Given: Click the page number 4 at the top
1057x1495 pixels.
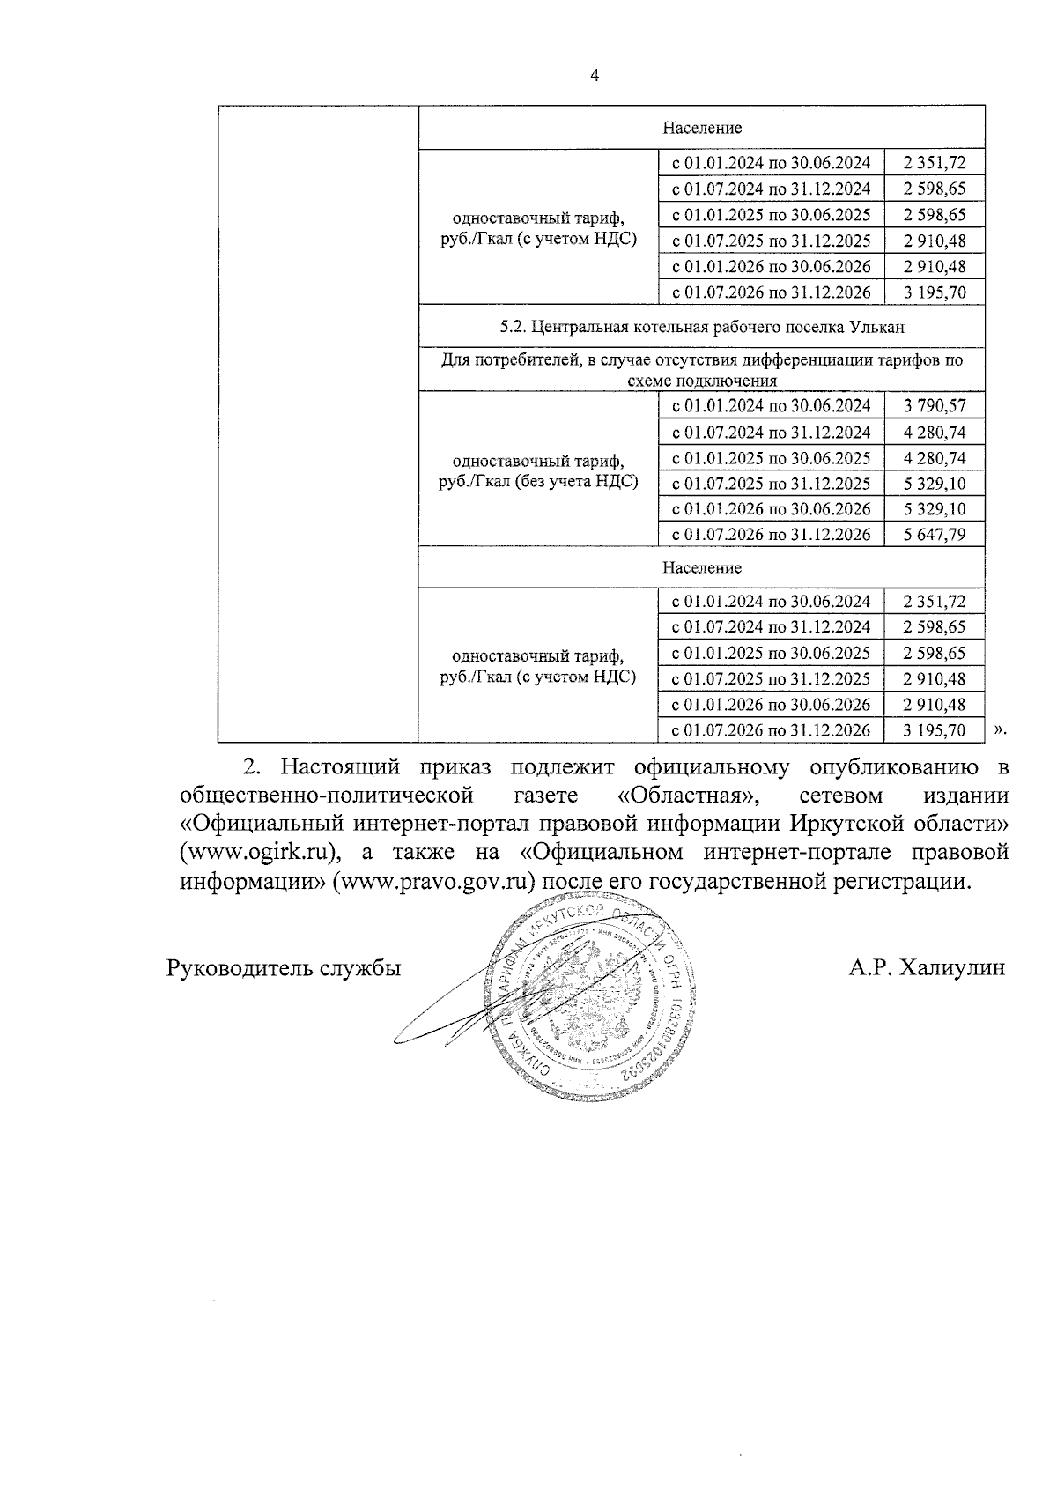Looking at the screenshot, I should coord(594,76).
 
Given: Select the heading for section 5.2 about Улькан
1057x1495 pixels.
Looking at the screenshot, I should coord(701,327).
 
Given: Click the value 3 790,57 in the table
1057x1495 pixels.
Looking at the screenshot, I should coord(934,406).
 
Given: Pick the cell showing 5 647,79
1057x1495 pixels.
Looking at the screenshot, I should coord(934,535).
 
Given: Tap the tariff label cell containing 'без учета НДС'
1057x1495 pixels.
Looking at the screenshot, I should coord(537,471).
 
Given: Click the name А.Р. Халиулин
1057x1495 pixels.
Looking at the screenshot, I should coord(927,968).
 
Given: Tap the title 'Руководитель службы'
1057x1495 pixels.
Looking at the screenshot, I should coord(284,968).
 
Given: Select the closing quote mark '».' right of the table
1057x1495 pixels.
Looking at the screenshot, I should coord(999,729).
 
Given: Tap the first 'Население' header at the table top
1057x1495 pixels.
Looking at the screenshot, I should coord(701,128).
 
